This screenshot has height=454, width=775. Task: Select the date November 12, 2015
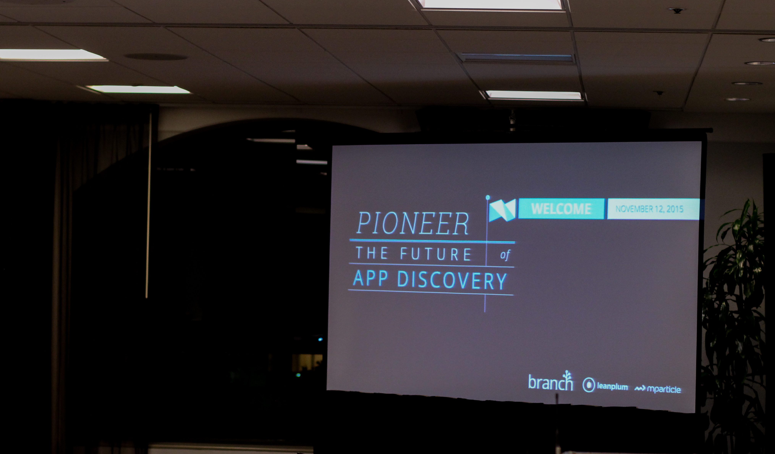649,209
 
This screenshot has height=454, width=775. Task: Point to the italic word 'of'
505,255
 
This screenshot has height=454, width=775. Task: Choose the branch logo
550,381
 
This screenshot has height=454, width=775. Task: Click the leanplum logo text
612,386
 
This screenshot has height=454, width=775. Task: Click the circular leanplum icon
589,385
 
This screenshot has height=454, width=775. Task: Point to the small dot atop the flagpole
487,197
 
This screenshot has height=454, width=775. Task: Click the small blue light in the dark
320,339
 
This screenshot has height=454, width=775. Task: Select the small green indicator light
298,375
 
